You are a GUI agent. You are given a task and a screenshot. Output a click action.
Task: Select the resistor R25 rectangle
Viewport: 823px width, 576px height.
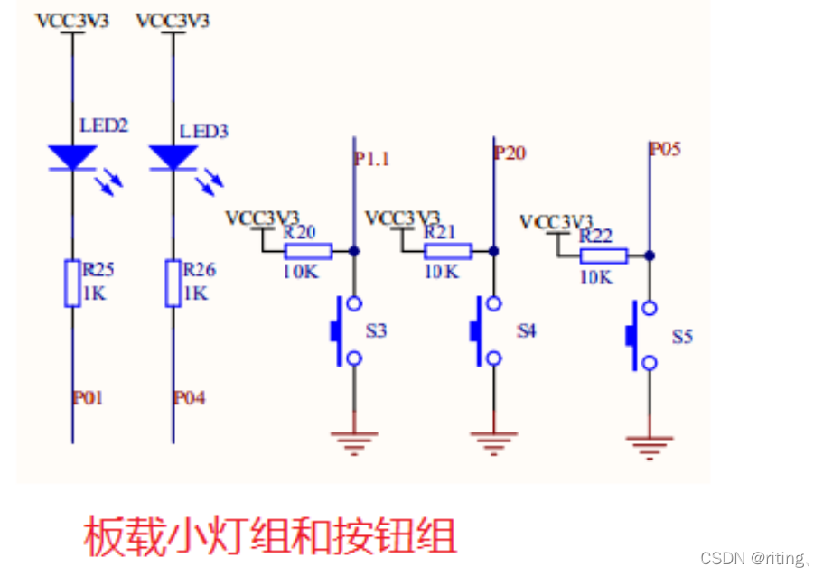72,283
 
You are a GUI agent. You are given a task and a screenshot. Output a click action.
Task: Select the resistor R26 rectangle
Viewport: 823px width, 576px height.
173,283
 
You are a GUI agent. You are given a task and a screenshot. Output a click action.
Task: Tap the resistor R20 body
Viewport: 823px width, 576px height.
308,251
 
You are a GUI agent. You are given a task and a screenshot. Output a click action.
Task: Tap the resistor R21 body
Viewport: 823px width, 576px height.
447,251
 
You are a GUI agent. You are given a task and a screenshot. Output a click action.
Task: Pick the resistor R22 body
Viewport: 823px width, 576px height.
603,256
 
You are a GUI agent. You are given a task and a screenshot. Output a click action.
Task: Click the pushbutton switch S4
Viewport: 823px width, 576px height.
486,331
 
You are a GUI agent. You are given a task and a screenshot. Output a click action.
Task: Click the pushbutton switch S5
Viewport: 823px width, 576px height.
641,336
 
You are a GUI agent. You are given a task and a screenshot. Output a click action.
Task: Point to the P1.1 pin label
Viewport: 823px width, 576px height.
371,159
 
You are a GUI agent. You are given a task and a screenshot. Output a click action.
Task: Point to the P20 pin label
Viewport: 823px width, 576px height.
510,153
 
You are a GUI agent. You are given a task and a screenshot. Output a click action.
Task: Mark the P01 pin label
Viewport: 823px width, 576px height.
88,397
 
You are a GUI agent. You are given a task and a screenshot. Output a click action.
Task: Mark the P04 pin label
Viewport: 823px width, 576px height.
189,397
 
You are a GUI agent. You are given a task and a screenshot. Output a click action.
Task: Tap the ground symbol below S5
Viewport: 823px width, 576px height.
649,445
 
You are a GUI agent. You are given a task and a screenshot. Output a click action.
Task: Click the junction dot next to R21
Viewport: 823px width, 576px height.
493,251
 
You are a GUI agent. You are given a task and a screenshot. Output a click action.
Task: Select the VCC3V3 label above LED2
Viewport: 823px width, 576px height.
72,21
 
